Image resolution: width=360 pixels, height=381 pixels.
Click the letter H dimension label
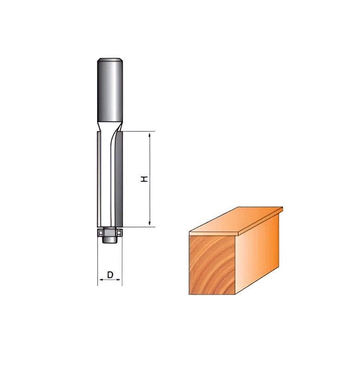pyautogui.click(x=145, y=179)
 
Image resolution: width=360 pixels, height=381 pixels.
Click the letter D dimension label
pyautogui.click(x=110, y=275)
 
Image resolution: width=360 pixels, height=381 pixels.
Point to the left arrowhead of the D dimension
pyautogui.click(x=100, y=280)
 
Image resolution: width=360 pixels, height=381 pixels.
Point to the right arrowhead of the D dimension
pyautogui.click(x=119, y=280)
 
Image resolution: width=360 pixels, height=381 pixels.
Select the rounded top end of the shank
pyautogui.click(x=110, y=61)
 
